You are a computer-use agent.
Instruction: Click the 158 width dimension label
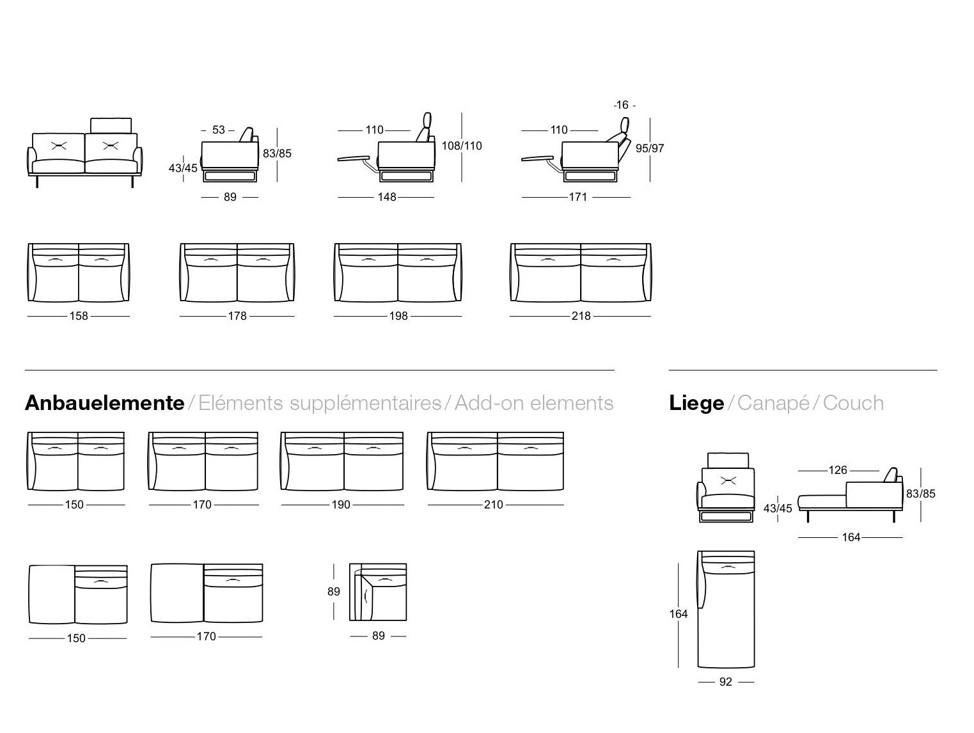click(79, 316)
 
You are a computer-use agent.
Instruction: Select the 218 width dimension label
click(581, 316)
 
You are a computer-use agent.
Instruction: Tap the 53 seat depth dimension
click(218, 130)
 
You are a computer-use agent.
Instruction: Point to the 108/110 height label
click(462, 146)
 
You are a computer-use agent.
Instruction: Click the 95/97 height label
click(650, 148)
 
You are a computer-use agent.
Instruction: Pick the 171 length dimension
click(578, 197)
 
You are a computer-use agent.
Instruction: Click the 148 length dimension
click(387, 197)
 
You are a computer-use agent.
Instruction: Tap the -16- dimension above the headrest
click(624, 105)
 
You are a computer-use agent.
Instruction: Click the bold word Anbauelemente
click(105, 404)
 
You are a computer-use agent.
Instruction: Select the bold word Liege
click(696, 404)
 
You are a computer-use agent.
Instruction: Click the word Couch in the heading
click(853, 404)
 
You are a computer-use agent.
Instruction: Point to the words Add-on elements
click(534, 404)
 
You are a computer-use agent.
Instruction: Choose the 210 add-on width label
click(494, 505)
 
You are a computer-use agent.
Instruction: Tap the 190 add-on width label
click(341, 505)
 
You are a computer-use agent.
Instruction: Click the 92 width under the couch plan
click(725, 682)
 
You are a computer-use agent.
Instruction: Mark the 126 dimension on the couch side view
click(838, 470)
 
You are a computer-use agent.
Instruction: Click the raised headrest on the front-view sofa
click(111, 125)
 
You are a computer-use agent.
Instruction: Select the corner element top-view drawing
click(377, 592)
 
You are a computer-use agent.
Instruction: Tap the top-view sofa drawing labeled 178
click(237, 272)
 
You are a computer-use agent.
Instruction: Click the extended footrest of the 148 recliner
click(354, 158)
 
